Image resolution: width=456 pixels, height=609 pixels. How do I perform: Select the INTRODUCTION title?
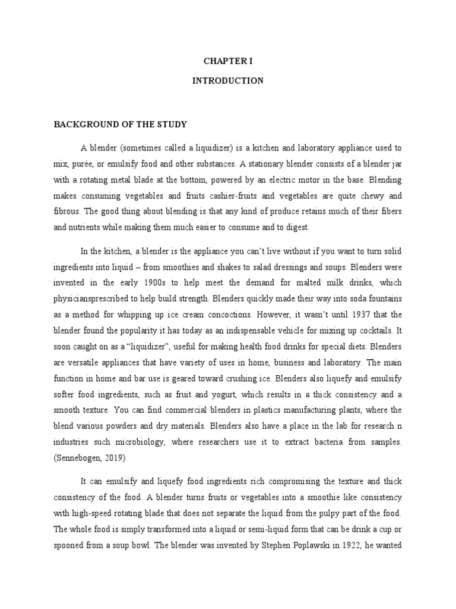(x=227, y=81)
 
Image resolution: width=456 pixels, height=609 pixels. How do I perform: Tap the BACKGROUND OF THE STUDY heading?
(x=121, y=125)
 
